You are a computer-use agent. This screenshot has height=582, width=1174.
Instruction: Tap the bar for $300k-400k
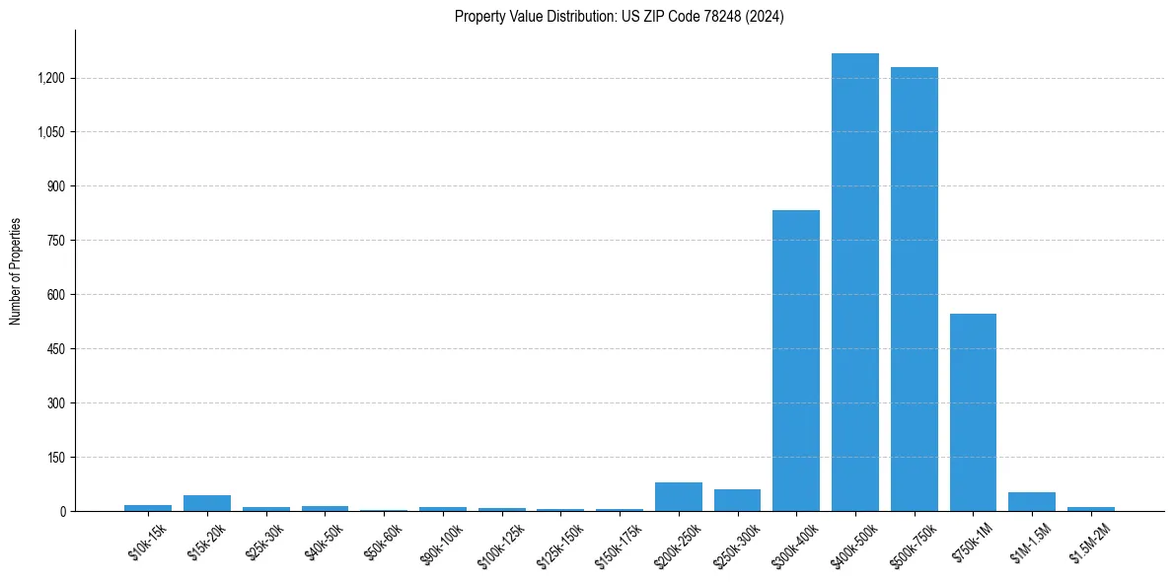pos(795,360)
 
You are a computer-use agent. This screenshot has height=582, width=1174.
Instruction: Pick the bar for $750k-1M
pos(973,412)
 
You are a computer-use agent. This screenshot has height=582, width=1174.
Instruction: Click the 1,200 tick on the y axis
pos(51,78)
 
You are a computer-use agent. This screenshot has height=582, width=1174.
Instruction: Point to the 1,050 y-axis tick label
pos(51,132)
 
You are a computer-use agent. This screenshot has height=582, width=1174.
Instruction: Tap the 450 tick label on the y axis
pos(56,349)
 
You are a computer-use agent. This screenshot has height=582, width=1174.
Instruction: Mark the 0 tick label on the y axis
pos(62,512)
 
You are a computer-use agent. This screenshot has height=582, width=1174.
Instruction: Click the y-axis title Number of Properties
pos(16,271)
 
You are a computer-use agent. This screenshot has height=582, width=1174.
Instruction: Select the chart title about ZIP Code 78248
pos(619,17)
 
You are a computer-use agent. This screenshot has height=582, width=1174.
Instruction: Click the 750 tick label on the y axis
pos(56,241)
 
